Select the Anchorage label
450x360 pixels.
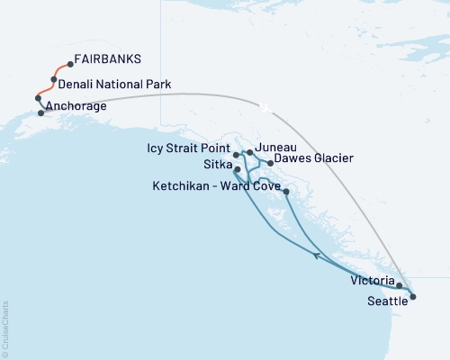click(77, 106)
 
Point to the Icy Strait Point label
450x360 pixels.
click(187, 146)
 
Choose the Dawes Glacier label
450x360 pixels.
click(313, 158)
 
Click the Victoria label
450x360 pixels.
click(372, 280)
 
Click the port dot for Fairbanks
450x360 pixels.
click(70, 65)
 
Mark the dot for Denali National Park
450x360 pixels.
click(54, 80)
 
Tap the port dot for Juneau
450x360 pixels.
click(249, 153)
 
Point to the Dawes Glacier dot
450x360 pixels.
click(271, 163)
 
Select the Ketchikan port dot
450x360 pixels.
click(286, 192)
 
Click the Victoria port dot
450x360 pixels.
click(399, 285)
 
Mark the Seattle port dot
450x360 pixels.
click(412, 295)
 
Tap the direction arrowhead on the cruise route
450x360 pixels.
click(316, 256)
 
